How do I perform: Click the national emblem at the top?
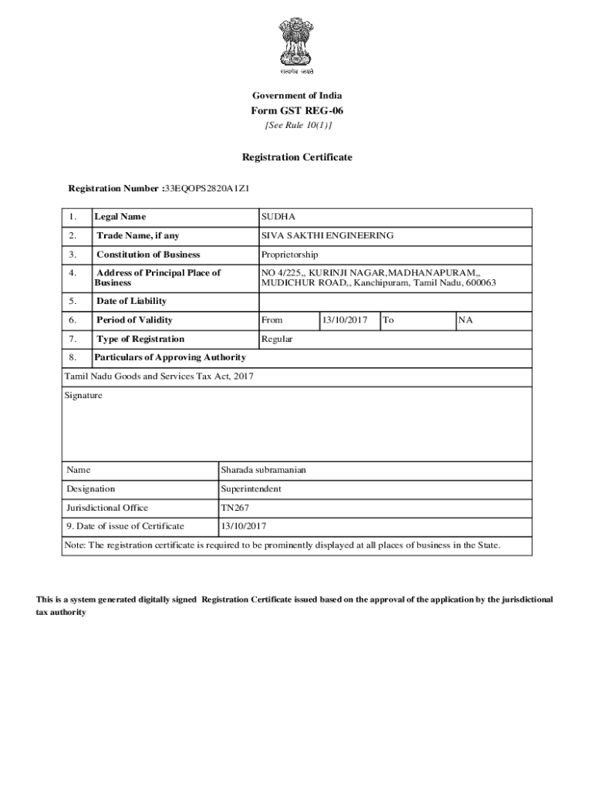coord(297,43)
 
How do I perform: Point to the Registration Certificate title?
coord(297,157)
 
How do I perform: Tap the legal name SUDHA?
coord(278,217)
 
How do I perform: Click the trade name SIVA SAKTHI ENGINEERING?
coord(327,235)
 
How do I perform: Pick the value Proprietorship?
coord(289,255)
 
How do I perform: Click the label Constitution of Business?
coord(147,255)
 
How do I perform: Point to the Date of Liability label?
coord(131,301)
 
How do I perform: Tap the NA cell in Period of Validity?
coord(466,320)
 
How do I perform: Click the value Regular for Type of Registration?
coord(277,339)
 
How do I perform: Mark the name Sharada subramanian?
coord(263,469)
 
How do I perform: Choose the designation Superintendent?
coord(251,488)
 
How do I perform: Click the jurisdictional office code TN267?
coord(235,508)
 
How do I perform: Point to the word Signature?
coord(84,396)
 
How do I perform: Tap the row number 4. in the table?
coord(73,273)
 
